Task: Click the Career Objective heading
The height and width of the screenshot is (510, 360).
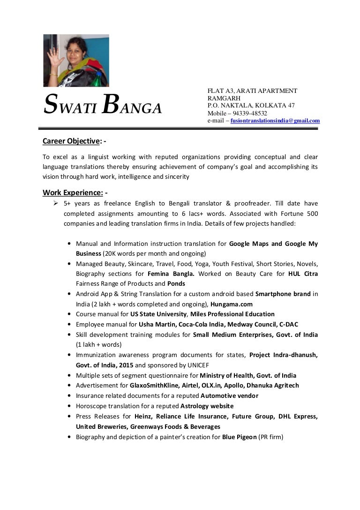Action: (x=72, y=141)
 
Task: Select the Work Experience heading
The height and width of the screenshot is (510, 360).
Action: (x=73, y=192)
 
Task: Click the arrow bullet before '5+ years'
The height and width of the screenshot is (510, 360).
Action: (x=55, y=203)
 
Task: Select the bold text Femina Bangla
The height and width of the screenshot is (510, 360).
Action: (x=171, y=273)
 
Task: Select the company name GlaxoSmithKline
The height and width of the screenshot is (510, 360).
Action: (x=155, y=385)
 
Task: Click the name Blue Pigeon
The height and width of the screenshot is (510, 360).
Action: (x=239, y=437)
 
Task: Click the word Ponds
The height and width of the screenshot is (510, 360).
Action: (x=176, y=283)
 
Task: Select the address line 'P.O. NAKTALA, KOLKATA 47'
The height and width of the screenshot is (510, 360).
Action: (x=251, y=106)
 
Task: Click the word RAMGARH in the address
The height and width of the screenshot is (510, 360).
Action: (x=224, y=98)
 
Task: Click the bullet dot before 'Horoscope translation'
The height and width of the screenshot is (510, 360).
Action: (x=70, y=406)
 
